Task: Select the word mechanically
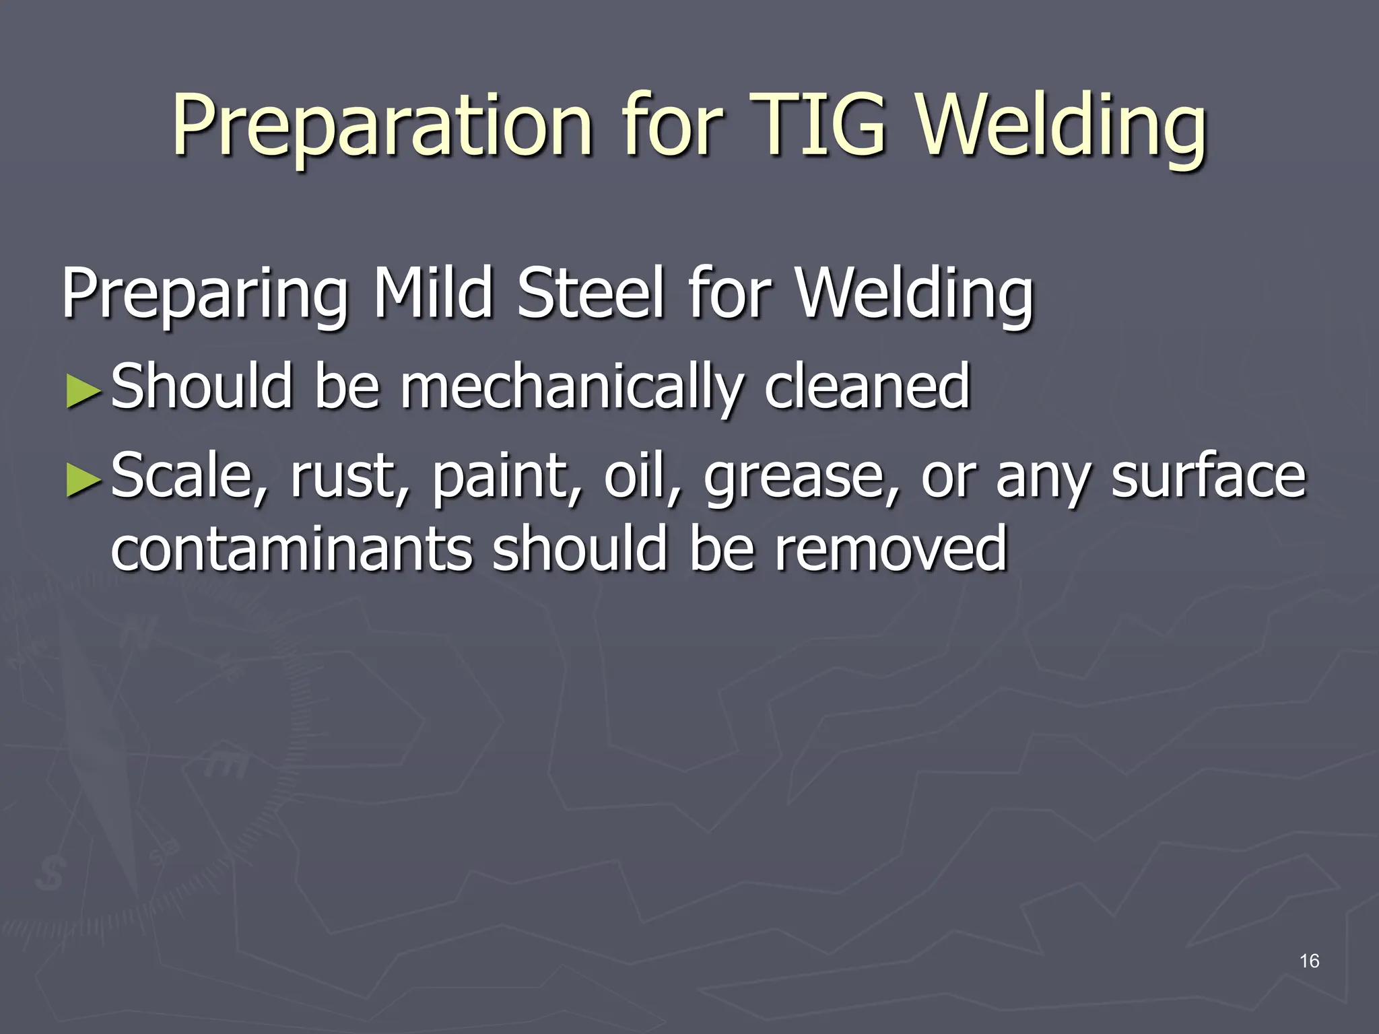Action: [572, 387]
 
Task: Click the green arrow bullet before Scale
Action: [83, 482]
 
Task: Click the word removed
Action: [889, 549]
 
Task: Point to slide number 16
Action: [1309, 961]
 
